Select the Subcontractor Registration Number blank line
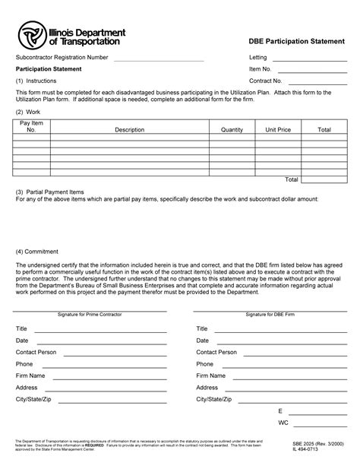(159, 58)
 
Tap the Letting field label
(259, 58)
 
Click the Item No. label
(261, 68)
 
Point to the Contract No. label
(266, 80)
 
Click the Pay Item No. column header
(31, 126)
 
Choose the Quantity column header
(232, 130)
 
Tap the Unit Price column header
(278, 130)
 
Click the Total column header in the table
(324, 130)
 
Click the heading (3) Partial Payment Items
(50, 192)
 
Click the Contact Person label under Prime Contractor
(36, 352)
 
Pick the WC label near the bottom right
(283, 421)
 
